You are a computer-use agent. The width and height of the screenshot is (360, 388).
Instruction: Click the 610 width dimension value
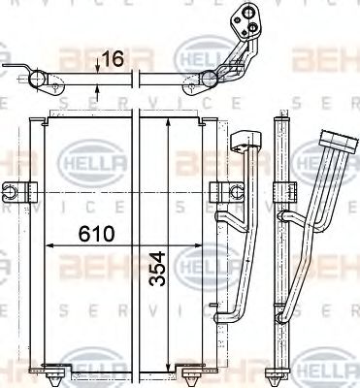[96, 234]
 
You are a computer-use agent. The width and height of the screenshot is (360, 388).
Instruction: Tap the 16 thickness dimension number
[114, 61]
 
